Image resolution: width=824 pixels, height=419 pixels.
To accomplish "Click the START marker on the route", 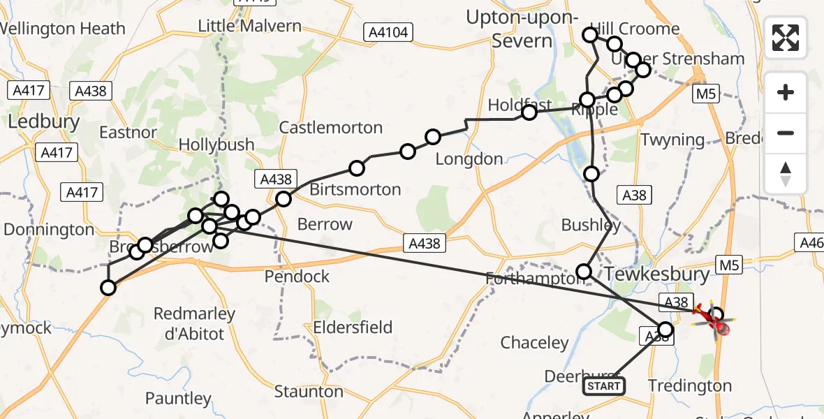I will tap(604, 385).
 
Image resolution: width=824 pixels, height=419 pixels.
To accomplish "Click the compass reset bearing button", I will tap(786, 174).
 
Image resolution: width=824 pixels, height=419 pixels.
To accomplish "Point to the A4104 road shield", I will tap(389, 31).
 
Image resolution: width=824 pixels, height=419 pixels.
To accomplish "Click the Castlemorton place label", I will tap(331, 128).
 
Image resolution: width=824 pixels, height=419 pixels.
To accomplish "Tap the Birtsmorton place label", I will tap(355, 189).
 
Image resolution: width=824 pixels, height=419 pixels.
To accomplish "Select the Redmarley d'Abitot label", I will tap(189, 323).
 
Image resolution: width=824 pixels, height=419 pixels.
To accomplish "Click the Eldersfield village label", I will tap(353, 327).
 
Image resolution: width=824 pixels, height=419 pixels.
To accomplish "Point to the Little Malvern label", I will tap(250, 27).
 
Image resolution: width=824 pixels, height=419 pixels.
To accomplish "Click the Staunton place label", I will tap(308, 391).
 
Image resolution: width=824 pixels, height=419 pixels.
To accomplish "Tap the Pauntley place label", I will tap(178, 399).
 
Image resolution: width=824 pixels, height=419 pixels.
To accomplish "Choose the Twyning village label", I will tap(672, 140).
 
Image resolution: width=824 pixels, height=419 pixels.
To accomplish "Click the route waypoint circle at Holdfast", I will tap(529, 112).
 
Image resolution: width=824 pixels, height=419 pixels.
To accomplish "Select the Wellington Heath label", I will tap(63, 29).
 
